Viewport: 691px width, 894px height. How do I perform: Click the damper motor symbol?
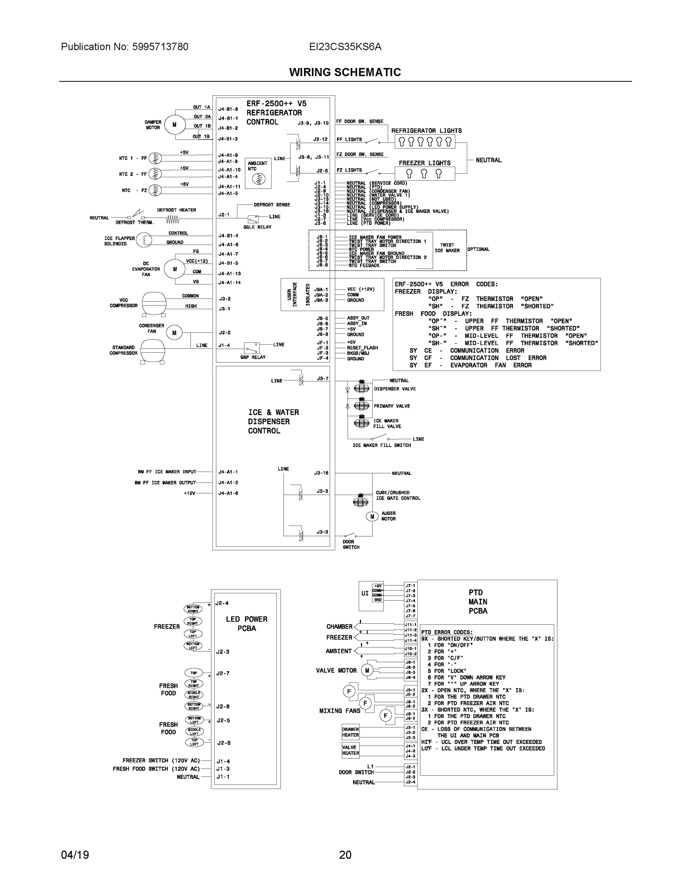coord(175,124)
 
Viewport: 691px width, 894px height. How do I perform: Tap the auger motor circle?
coord(372,517)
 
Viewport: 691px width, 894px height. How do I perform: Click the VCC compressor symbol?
coord(154,303)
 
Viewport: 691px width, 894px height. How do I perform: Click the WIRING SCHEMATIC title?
coord(345,73)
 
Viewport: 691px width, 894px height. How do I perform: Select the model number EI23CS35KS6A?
coord(345,47)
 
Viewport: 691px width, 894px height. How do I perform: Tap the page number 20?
coord(345,855)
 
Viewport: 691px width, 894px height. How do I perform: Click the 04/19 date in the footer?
coord(75,855)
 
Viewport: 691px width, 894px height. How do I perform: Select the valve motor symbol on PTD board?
coord(367,670)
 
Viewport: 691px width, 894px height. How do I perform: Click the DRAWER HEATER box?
coord(351,732)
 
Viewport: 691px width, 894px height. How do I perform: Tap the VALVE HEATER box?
coord(351,750)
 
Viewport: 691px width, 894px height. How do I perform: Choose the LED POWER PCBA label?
coord(247,624)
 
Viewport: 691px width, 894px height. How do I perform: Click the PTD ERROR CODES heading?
coord(447,632)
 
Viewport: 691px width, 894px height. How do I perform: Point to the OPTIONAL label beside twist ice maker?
coord(479,249)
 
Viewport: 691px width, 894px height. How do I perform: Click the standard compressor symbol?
coord(153,351)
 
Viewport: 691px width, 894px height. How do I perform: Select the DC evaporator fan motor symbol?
coord(175,269)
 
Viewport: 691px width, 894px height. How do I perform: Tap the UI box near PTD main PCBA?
coord(365,593)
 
